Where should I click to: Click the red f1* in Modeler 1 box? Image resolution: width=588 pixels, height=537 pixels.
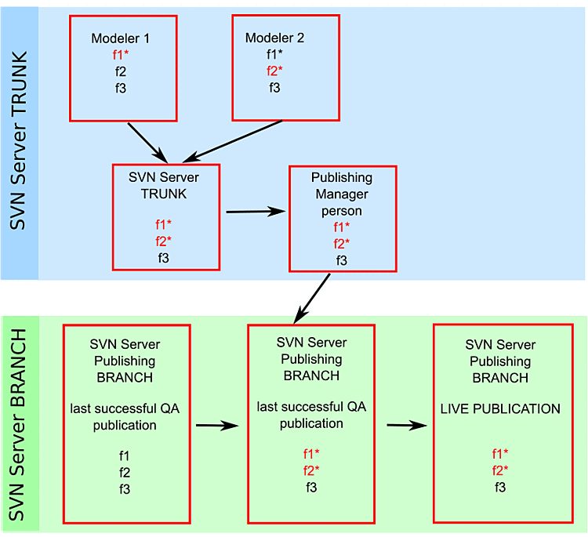click(120, 55)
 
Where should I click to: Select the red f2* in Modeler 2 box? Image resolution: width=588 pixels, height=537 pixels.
click(274, 71)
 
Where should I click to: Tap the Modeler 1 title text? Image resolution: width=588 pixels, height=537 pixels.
click(120, 38)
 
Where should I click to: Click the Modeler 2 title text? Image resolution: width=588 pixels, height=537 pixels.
click(274, 38)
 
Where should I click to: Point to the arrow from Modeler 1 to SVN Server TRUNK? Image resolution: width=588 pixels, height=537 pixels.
click(145, 140)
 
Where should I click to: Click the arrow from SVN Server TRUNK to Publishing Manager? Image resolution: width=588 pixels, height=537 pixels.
click(255, 211)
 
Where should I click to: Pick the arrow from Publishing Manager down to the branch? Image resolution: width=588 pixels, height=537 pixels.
click(313, 297)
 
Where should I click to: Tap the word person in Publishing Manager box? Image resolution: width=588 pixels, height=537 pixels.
click(341, 211)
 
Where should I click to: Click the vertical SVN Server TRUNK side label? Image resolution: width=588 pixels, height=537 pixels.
click(20, 141)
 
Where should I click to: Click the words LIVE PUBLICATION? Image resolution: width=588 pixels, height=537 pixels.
click(499, 409)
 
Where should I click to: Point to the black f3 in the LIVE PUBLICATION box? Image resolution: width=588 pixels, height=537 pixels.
click(499, 487)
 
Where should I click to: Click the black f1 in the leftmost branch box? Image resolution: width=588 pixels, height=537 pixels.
click(125, 455)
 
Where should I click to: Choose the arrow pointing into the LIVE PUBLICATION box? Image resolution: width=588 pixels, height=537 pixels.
click(408, 426)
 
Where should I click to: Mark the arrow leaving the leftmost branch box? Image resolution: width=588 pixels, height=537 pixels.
click(216, 426)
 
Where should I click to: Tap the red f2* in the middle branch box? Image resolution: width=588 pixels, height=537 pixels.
click(311, 470)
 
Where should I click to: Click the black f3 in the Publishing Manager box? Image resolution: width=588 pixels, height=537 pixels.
click(341, 260)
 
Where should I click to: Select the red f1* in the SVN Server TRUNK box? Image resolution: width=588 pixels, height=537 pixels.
click(164, 224)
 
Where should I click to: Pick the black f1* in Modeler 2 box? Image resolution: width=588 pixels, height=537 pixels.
click(274, 55)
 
